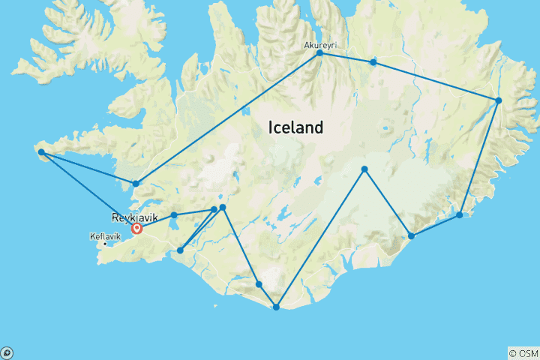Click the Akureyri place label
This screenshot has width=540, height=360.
[x=320, y=45]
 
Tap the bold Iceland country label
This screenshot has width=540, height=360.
[x=295, y=127]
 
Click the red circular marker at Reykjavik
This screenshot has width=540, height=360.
[x=137, y=228]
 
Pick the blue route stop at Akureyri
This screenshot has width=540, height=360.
[x=320, y=53]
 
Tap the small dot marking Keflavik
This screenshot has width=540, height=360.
[x=106, y=244]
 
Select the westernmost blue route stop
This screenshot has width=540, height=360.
[x=41, y=152]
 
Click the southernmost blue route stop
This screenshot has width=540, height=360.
[x=277, y=307]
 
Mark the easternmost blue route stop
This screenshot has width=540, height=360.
[x=498, y=100]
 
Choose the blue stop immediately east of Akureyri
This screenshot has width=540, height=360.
[x=373, y=61]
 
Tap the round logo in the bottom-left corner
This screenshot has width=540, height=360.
[x=7, y=352]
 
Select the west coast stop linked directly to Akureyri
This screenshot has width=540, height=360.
[x=136, y=183]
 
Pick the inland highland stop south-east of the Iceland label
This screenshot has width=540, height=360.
[x=364, y=169]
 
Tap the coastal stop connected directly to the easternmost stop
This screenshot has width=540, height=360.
[x=460, y=215]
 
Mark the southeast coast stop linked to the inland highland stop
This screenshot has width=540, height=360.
[x=411, y=236]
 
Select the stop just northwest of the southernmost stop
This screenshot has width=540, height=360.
[x=259, y=284]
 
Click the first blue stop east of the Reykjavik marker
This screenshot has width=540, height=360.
[x=174, y=215]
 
